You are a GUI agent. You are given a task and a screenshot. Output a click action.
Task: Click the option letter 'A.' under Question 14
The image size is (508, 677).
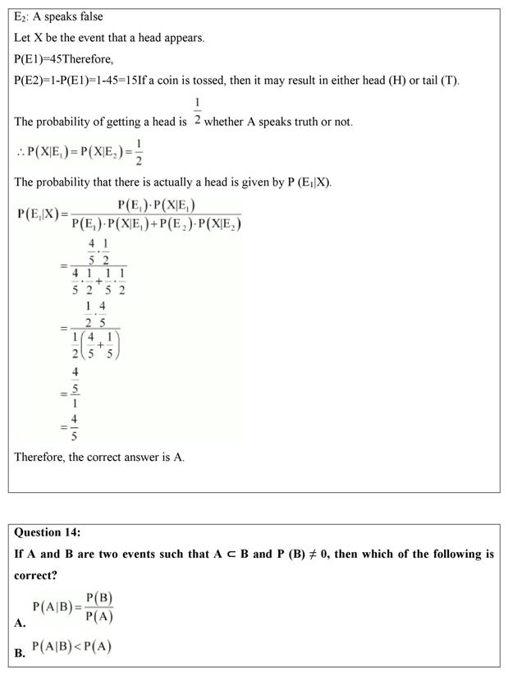20,624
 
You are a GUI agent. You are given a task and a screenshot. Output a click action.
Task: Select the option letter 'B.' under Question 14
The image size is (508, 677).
20,654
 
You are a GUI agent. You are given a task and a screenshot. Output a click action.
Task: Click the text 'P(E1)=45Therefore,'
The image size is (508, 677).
63,59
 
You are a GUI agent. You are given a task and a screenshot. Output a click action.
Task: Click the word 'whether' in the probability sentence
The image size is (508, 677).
224,122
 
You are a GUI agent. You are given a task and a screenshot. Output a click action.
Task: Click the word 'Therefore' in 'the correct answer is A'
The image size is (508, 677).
39,457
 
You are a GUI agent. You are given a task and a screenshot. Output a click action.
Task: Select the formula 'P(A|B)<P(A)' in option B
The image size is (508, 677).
71,647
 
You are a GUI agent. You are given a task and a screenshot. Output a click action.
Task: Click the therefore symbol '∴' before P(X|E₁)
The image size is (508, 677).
20,152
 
